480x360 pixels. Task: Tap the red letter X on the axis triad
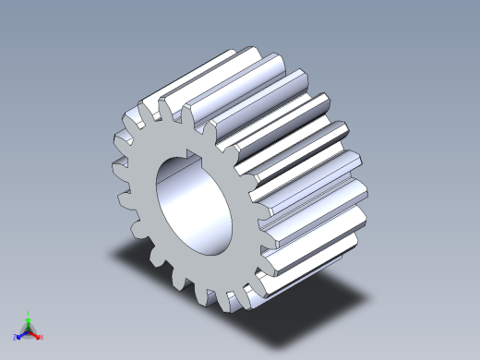click(42, 338)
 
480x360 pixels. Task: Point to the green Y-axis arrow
click(28, 321)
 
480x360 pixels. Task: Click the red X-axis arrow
click(35, 334)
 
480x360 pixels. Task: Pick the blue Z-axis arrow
click(20, 334)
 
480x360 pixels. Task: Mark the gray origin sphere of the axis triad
click(28, 330)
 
